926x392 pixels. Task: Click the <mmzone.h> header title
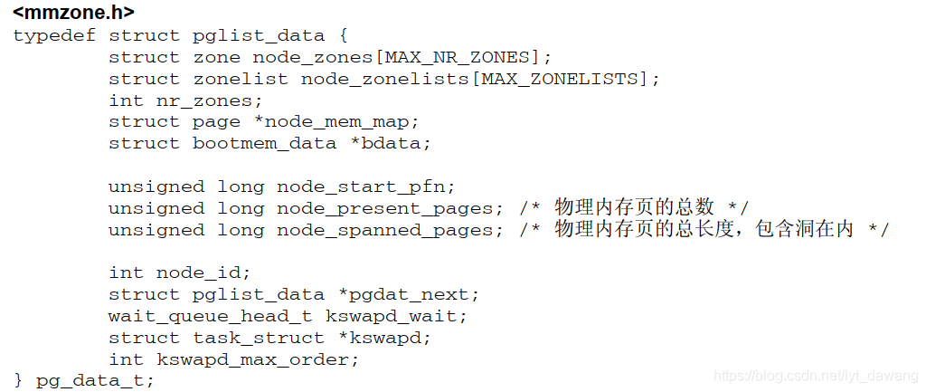73,14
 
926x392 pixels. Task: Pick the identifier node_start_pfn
360,187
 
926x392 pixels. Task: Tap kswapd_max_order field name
258,359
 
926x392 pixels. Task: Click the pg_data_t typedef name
89,381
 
